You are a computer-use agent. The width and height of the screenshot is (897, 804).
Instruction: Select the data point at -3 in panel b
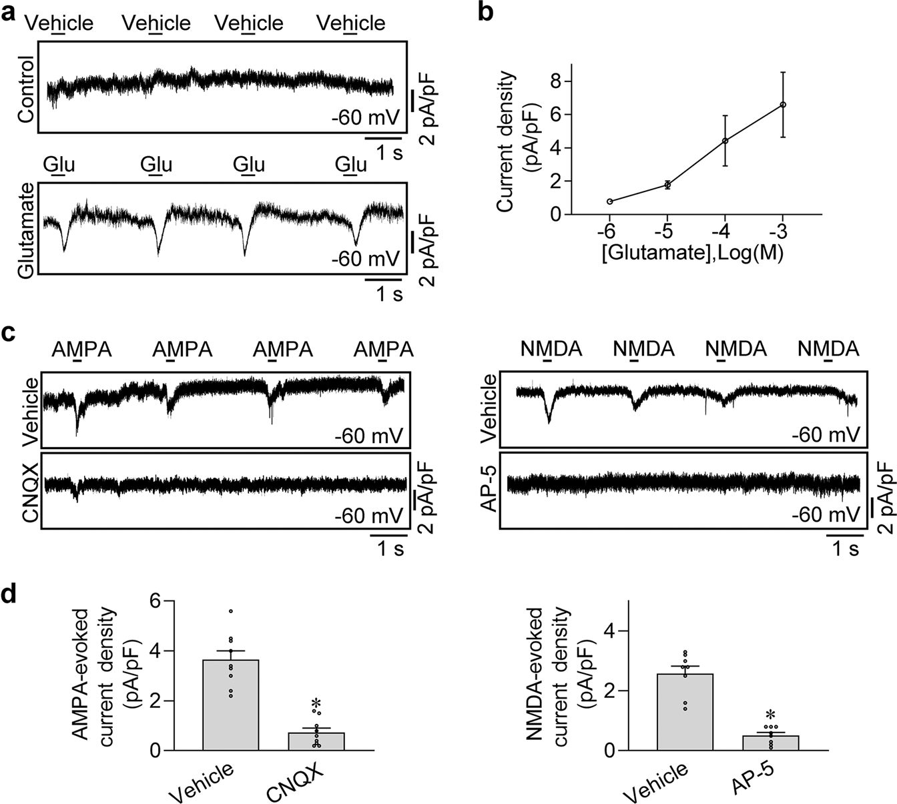coord(782,105)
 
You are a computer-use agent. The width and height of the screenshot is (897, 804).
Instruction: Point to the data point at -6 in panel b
coord(610,202)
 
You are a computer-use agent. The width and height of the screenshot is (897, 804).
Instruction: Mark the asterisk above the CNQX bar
coord(317,705)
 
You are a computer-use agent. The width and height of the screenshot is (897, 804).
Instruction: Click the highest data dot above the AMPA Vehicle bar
coord(231,611)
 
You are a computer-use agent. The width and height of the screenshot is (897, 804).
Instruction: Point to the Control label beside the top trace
coord(27,89)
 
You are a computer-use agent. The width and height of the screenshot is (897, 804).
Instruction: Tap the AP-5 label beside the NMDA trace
coord(489,490)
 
